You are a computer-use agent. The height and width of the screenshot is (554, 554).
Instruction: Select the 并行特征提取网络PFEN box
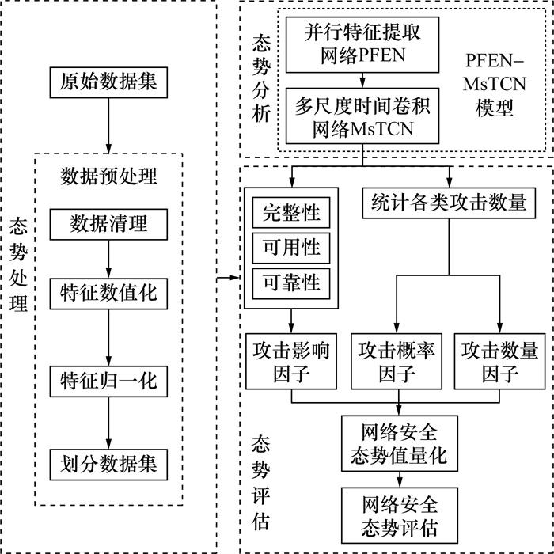coord(362,45)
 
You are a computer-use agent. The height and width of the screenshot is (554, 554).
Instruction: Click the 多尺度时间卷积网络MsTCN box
coord(362,116)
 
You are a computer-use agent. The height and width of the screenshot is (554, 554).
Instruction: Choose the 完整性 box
coord(290,212)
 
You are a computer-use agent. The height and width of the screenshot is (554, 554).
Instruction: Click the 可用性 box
coord(290,248)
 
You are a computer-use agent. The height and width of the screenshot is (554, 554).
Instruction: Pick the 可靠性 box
coord(290,283)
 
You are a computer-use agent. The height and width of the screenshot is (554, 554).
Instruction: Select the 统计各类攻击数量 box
coord(449,203)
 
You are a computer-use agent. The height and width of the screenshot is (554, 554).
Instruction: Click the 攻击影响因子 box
coord(290,360)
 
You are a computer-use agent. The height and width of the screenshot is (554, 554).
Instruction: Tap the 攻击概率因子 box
coord(397,360)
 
